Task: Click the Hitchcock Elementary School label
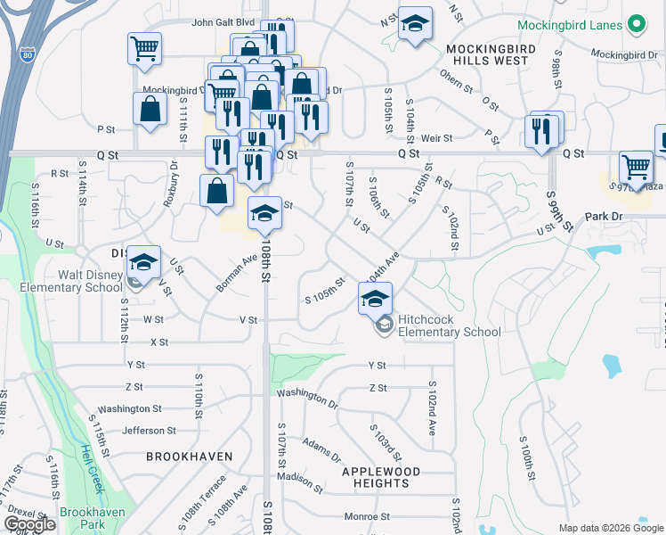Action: point(449,325)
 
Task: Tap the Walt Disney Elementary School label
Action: point(65,280)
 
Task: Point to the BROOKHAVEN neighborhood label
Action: point(190,457)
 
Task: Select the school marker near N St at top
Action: point(414,26)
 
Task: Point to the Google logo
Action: point(29,524)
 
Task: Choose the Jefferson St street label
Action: point(143,431)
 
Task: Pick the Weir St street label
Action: point(437,138)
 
